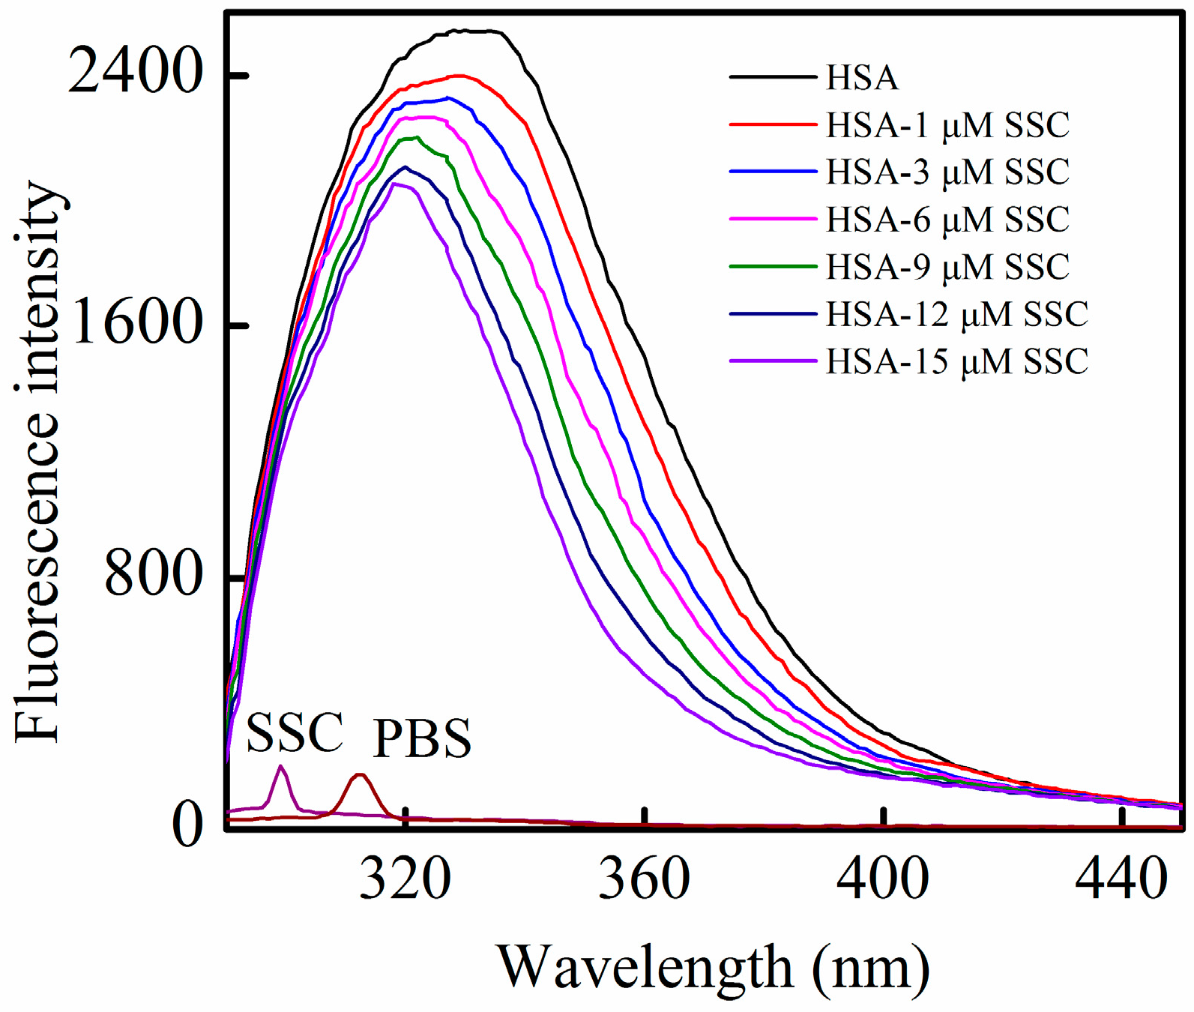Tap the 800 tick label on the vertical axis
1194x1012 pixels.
(154, 576)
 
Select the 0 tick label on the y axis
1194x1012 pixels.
(187, 825)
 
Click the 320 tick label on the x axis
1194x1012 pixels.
(405, 879)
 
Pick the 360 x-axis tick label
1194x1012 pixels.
(644, 879)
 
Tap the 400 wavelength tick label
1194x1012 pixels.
(883, 879)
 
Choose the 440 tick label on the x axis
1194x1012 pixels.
(1121, 879)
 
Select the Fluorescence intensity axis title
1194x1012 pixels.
(37, 461)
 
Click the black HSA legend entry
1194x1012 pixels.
(862, 78)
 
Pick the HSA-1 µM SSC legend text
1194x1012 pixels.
(947, 125)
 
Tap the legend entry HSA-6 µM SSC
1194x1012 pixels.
(947, 220)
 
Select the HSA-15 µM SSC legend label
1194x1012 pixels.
(956, 361)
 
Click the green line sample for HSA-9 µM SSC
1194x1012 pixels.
(772, 266)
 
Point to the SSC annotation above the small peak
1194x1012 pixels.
(295, 732)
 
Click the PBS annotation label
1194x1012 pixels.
(422, 739)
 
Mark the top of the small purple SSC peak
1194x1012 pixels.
(281, 766)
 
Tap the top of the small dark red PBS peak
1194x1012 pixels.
(360, 774)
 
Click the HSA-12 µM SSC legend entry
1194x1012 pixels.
(956, 314)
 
